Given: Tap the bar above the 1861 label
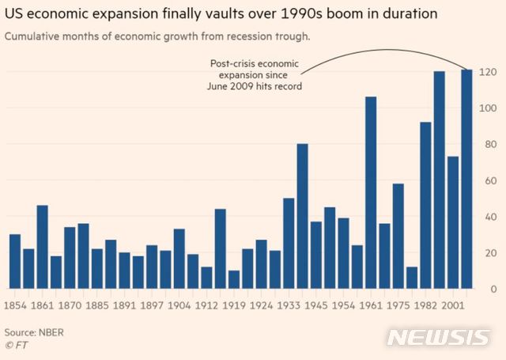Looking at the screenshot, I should point(43,247).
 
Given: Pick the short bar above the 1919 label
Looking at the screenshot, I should point(234,279).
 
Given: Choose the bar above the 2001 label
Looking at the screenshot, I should point(453,222).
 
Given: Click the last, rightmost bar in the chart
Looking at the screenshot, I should point(466,179).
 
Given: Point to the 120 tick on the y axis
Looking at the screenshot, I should point(489,72).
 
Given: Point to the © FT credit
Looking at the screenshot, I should point(15,345).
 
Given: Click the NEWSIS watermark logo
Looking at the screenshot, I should point(438,337).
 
